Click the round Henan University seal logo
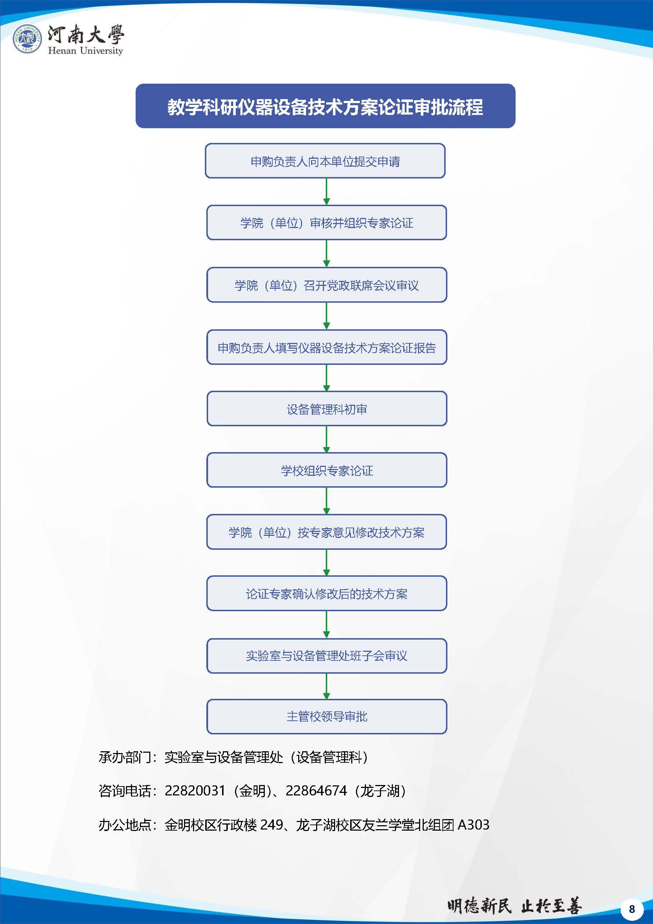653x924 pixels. (x=27, y=39)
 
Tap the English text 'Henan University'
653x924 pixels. (x=85, y=51)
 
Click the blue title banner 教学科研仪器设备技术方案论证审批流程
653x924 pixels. (x=325, y=106)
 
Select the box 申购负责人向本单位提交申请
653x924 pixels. (x=325, y=161)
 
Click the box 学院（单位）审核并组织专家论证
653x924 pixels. (x=326, y=223)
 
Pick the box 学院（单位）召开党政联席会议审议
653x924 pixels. (x=326, y=285)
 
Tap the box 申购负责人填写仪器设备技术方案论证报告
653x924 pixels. (x=326, y=347)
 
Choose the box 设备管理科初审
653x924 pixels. (x=326, y=409)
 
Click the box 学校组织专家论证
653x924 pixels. (x=326, y=470)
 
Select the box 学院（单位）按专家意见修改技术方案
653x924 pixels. (x=326, y=532)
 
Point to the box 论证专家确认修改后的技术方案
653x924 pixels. (x=326, y=594)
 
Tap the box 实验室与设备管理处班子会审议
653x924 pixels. (x=326, y=656)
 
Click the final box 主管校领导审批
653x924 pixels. (x=326, y=716)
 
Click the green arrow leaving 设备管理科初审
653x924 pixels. (x=326, y=439)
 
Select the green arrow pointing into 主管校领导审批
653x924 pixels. (x=326, y=686)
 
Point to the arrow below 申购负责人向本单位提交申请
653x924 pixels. (x=326, y=191)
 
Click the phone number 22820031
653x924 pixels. (x=195, y=791)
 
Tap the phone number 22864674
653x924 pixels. (x=316, y=791)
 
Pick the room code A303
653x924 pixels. (x=473, y=825)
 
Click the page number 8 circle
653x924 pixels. (x=632, y=909)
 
